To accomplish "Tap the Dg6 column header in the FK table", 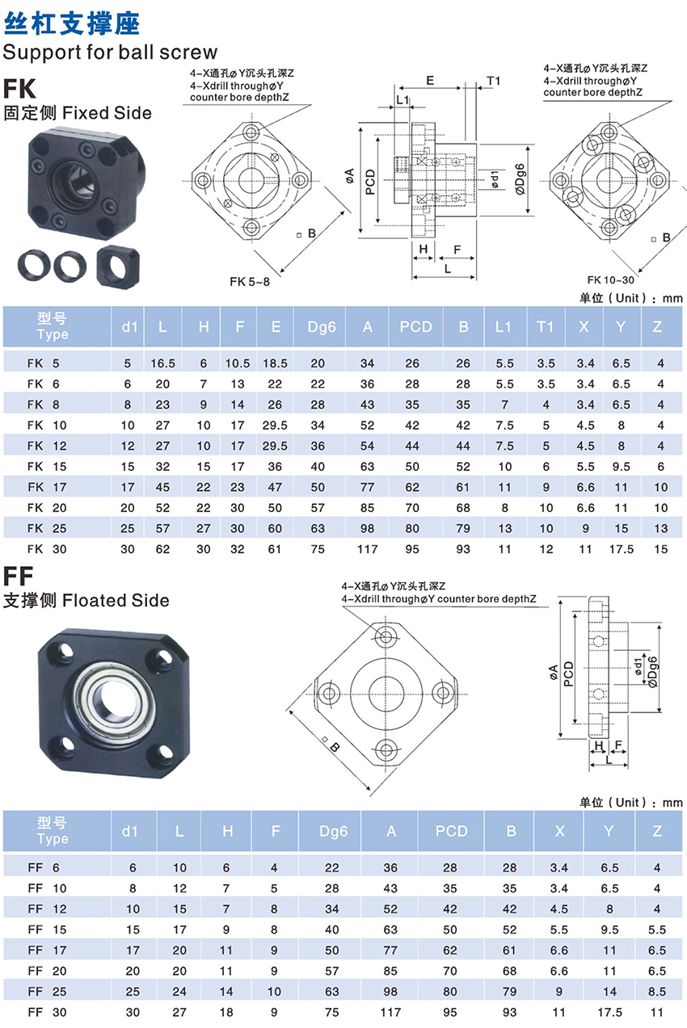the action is coord(322,327).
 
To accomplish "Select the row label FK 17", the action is coord(47,487).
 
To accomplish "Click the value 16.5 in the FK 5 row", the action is coord(163,363).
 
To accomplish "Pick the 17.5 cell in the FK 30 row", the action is coord(621,549).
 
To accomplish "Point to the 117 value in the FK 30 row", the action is coord(368,549).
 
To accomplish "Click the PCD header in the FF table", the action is coord(452,831).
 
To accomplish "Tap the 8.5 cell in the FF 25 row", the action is coord(656,992).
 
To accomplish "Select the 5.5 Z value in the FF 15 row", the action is coord(656,929).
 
